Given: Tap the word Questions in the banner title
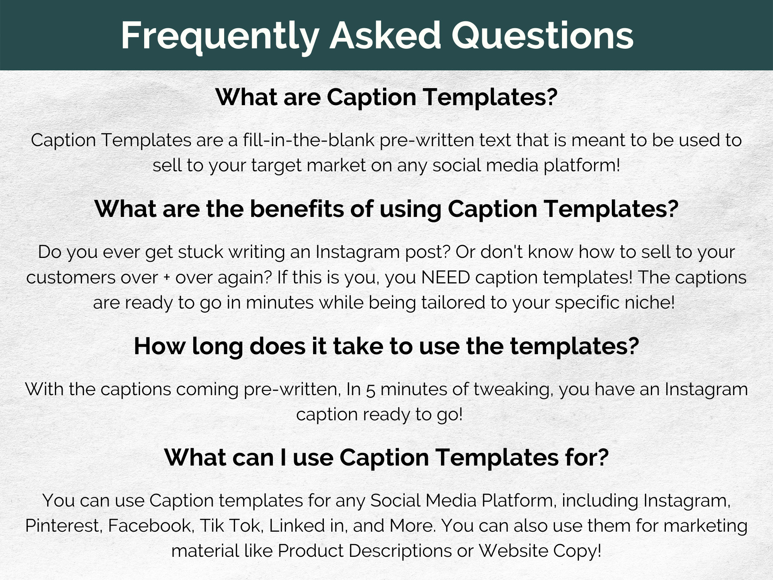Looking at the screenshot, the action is tap(543, 36).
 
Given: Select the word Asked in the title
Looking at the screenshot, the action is tap(385, 35).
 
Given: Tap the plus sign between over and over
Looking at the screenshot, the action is tap(167, 278).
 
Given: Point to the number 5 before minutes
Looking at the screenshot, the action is tap(370, 389).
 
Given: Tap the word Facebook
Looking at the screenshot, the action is tap(150, 526).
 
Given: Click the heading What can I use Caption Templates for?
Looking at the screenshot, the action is tap(386, 457).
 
